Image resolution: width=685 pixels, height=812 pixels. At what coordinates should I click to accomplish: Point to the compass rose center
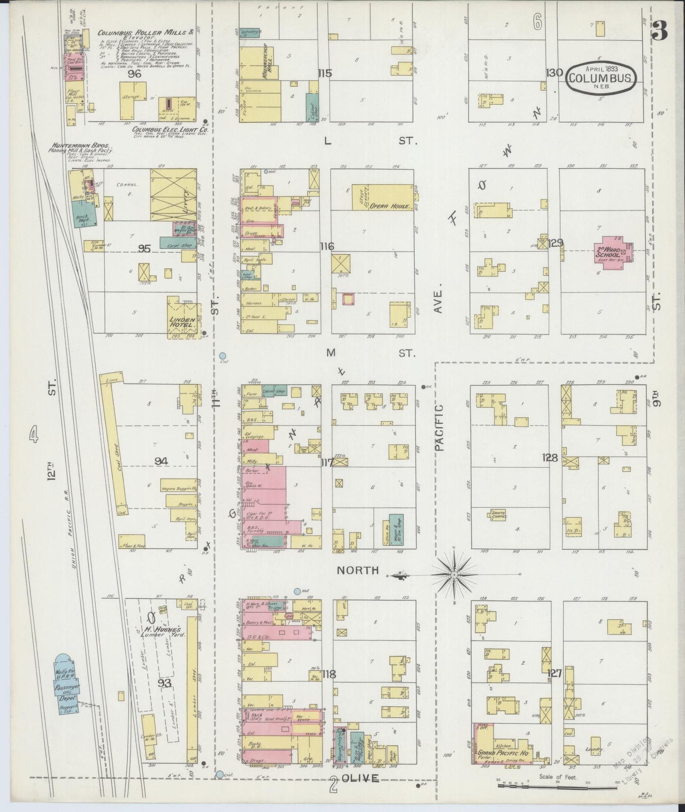pos(454,575)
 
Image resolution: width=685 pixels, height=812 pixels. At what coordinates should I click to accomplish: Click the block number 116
pos(327,246)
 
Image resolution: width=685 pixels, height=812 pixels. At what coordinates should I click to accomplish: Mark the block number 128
pos(550,457)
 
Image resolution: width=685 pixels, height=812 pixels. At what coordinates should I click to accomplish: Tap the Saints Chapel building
pos(499,515)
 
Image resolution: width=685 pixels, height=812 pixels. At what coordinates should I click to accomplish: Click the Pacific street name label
pos(439,427)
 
